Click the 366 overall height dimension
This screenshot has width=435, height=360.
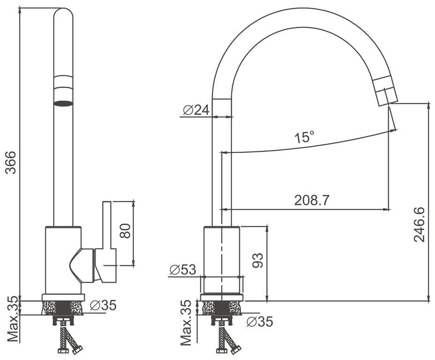tap(11, 163)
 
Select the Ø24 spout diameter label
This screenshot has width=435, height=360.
tap(196, 110)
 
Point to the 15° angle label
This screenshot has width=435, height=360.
tap(304, 137)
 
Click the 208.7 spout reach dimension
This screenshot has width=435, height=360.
tap(312, 200)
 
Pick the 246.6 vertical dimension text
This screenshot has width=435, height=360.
tap(419, 225)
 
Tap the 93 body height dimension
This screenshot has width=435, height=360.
tap(258, 260)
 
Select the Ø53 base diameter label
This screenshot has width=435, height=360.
tap(183, 270)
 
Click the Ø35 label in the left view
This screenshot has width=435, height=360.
tap(103, 306)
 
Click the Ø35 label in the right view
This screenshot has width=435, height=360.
tap(260, 322)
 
